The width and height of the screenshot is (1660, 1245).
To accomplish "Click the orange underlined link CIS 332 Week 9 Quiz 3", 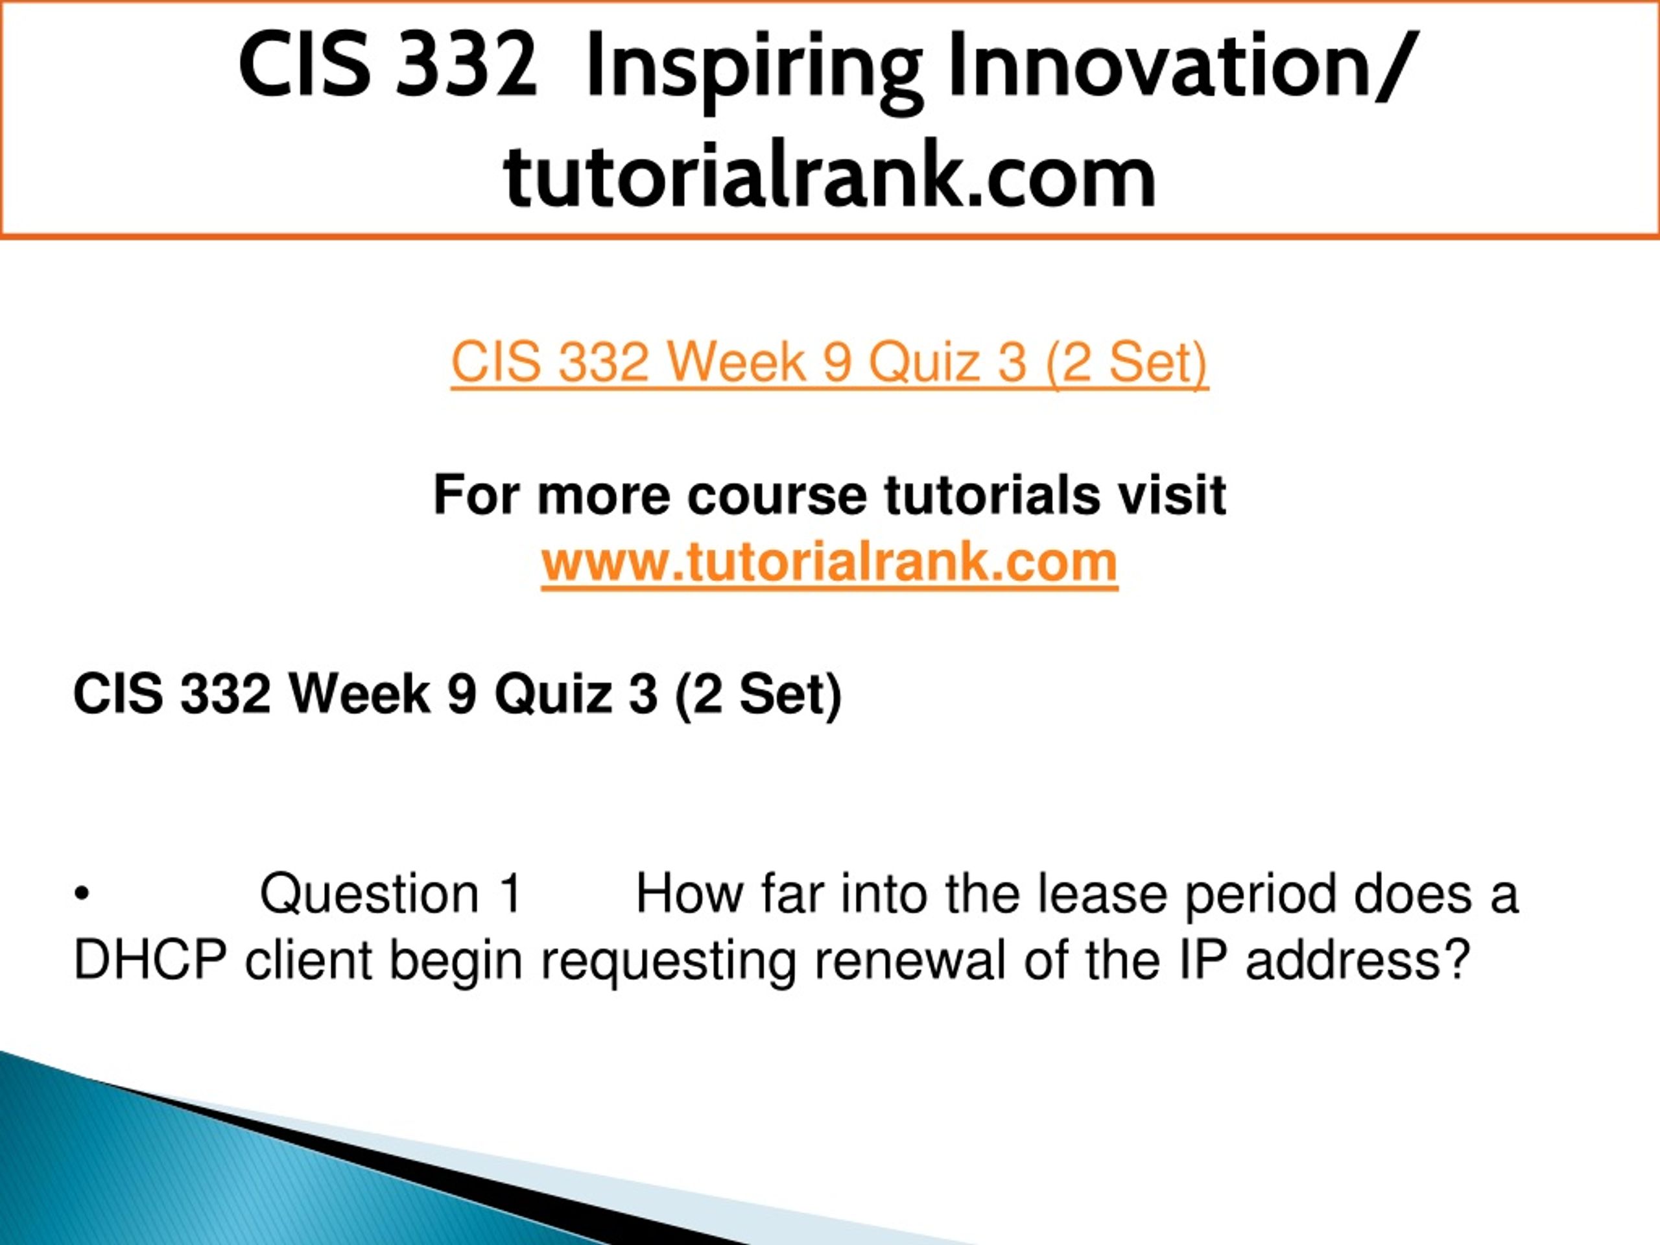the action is [829, 362].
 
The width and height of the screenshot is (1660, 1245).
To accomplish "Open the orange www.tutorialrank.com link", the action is [829, 562].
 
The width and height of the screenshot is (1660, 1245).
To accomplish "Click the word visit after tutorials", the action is [1168, 495].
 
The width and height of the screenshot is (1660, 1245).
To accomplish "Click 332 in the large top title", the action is [466, 65].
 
